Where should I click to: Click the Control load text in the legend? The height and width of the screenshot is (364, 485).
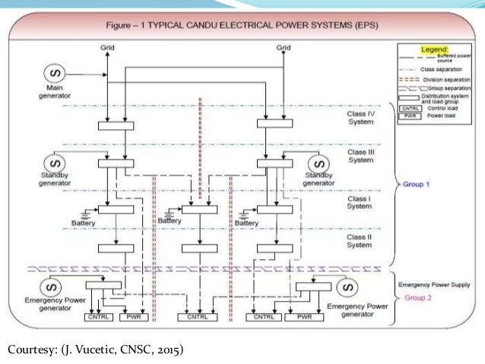439,109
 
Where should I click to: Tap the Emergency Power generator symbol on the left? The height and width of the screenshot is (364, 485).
52,288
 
